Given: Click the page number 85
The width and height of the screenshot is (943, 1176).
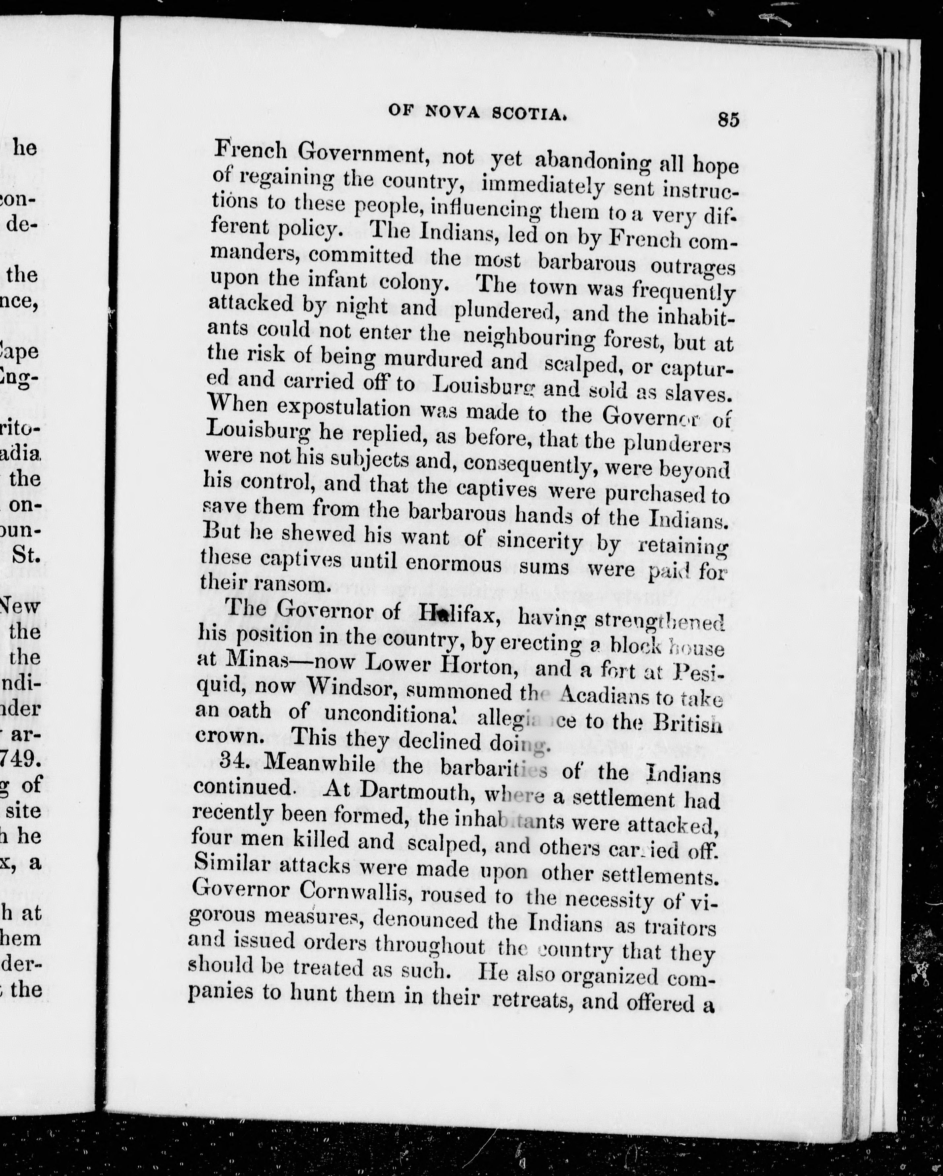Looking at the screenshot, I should click(728, 119).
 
